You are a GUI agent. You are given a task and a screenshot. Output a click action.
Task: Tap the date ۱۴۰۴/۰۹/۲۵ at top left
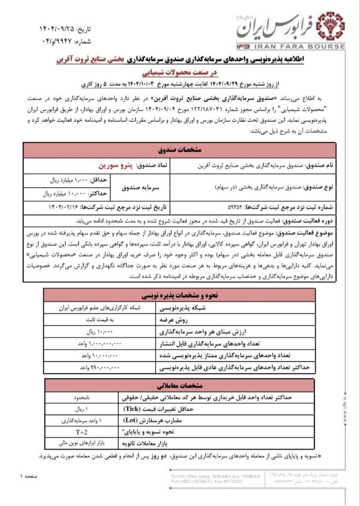[x=59, y=29]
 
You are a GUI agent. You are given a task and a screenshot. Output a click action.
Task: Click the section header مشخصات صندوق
[x=180, y=150]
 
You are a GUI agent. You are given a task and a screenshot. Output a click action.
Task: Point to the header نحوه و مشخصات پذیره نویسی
[x=180, y=296]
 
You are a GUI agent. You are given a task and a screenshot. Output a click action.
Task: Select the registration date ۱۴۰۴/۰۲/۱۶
[x=64, y=207]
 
